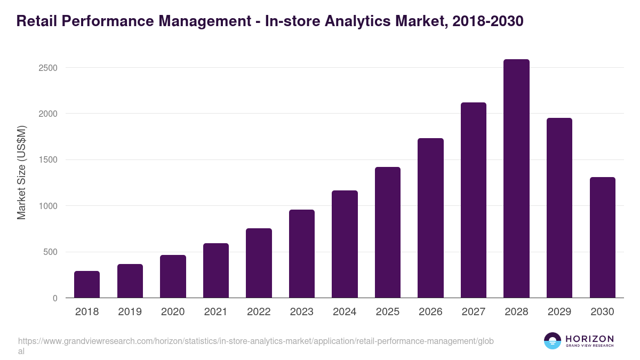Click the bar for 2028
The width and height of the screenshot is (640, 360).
tap(516, 179)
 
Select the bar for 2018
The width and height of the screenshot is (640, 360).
tap(87, 284)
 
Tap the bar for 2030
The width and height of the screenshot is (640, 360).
tap(602, 237)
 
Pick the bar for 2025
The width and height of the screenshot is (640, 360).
tap(388, 233)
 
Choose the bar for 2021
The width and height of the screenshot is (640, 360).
tap(216, 270)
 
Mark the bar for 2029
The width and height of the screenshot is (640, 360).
tap(559, 208)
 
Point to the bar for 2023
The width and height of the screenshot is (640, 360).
tap(302, 254)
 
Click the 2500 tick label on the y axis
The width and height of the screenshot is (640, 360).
tap(48, 68)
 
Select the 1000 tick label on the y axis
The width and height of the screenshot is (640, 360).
tap(48, 206)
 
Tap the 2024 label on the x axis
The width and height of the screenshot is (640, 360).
tap(345, 312)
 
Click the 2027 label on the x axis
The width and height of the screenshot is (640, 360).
tap(474, 312)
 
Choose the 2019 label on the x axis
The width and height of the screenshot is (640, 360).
tap(130, 312)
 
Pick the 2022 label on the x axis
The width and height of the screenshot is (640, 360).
tap(259, 312)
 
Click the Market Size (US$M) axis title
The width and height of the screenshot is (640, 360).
tap(22, 172)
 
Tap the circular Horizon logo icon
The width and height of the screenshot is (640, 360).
tap(553, 341)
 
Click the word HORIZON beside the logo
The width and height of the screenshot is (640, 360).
tap(589, 339)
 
